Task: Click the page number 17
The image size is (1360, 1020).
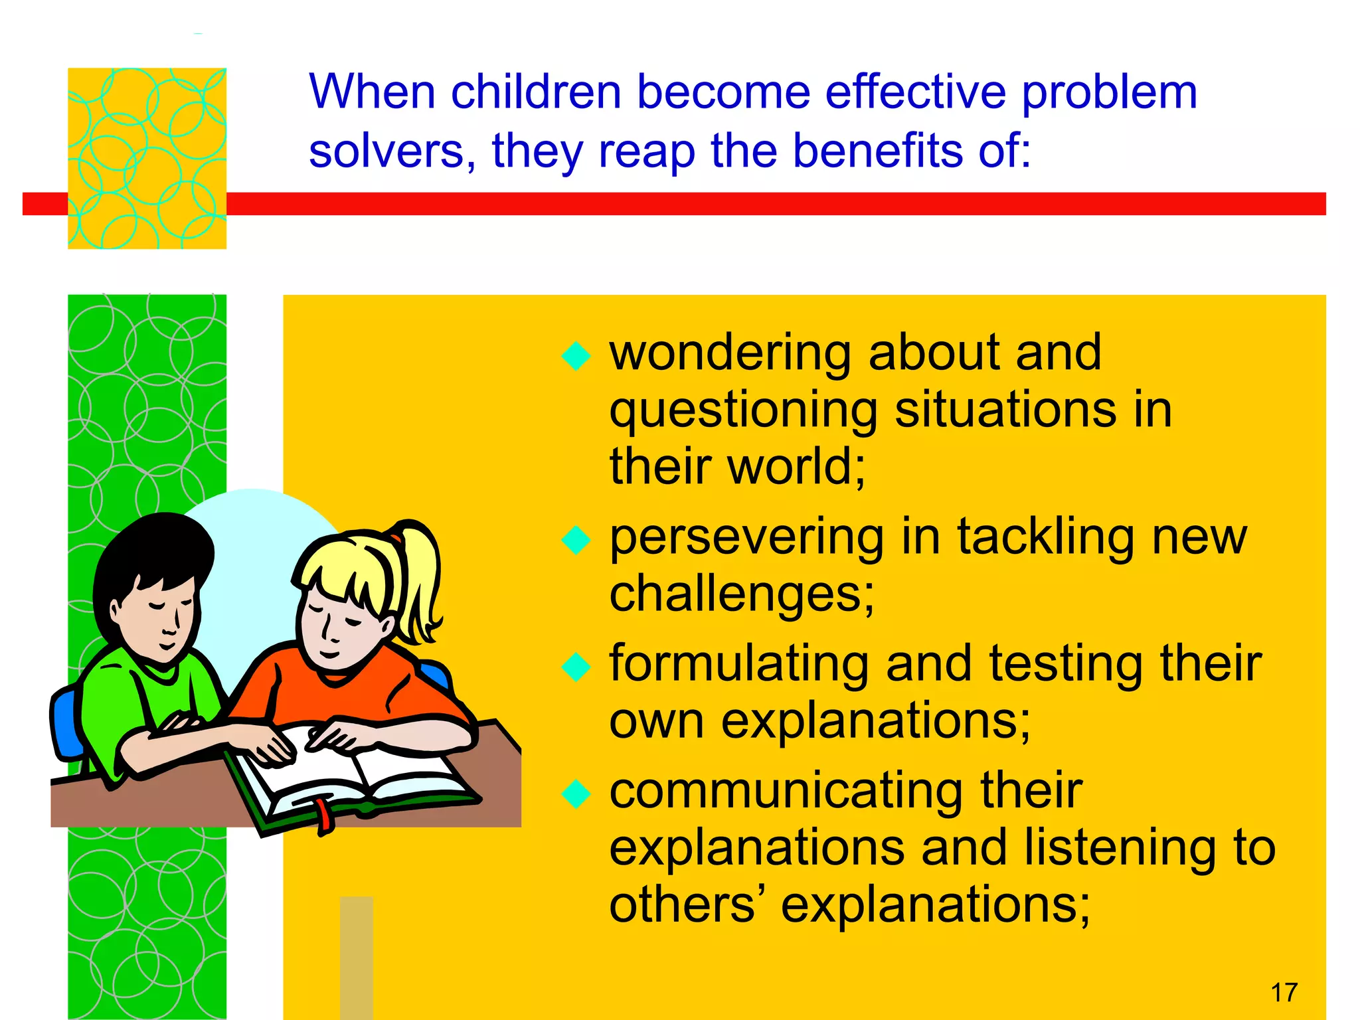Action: click(1284, 993)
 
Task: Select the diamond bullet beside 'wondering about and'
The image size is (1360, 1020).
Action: click(576, 356)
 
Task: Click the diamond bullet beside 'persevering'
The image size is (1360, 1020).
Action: click(576, 540)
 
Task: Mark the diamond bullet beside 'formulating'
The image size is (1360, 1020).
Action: click(576, 667)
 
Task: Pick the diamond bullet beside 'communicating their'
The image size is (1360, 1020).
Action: click(576, 794)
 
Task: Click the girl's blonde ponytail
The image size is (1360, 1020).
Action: click(418, 571)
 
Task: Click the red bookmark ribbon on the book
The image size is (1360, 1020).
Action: click(323, 815)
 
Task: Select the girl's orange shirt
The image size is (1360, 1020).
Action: click(345, 691)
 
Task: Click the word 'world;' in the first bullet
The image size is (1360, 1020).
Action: click(796, 466)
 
